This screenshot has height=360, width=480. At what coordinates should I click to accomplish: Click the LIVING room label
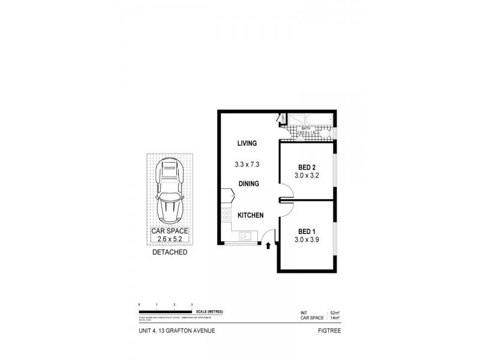point(247,143)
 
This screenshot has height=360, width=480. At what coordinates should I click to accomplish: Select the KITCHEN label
point(250,216)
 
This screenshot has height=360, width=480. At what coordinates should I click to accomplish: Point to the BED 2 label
point(307,167)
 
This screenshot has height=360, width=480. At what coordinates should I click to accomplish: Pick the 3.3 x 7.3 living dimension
point(247,164)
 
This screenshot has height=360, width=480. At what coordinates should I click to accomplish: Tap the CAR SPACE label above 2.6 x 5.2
point(170,231)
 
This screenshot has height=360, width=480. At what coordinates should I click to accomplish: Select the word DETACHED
point(170,253)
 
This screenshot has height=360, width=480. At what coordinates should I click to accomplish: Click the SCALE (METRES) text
point(215,312)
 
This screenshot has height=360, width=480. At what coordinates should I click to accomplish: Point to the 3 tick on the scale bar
point(191,305)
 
